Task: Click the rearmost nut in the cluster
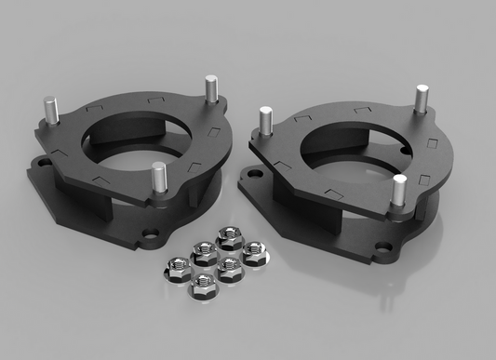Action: point(227,238)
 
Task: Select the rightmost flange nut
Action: point(252,251)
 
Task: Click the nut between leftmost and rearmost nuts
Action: point(202,250)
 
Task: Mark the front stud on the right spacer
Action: point(398,190)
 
